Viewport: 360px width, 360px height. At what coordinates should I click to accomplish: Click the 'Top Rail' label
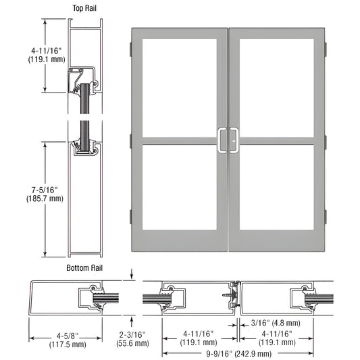(x=84, y=8)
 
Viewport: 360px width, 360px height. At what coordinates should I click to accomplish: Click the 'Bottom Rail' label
(x=84, y=268)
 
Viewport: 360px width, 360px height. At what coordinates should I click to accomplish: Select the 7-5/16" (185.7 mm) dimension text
(x=45, y=195)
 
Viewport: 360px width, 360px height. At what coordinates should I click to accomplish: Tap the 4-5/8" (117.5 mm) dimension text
(x=68, y=340)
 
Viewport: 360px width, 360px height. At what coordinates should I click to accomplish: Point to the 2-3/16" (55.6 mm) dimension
(x=132, y=339)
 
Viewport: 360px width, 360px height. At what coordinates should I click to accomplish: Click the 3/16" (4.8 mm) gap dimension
(x=276, y=323)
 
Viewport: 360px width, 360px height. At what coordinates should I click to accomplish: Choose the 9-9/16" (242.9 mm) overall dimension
(x=238, y=354)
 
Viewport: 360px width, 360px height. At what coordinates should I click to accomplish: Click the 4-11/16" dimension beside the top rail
(x=47, y=55)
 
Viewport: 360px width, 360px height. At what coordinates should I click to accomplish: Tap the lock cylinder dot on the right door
(x=234, y=141)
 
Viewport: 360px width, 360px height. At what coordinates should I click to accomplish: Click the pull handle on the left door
(x=222, y=140)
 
